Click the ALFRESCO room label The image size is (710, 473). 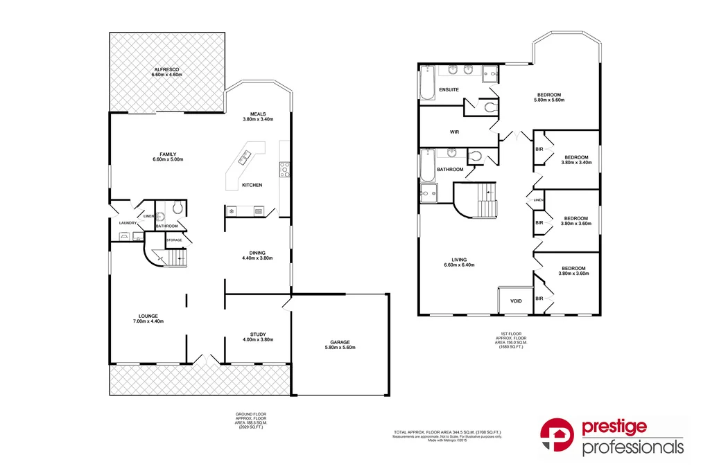pyautogui.click(x=167, y=69)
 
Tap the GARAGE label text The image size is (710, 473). pyautogui.click(x=339, y=342)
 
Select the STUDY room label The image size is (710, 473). pyautogui.click(x=258, y=334)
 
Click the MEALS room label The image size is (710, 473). pyautogui.click(x=258, y=114)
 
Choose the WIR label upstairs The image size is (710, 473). pyautogui.click(x=455, y=132)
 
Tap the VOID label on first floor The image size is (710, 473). pyautogui.click(x=516, y=301)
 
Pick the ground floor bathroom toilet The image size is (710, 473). pyautogui.click(x=177, y=207)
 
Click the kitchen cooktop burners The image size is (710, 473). pyautogui.click(x=284, y=170)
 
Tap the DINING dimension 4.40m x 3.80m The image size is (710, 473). pyautogui.click(x=258, y=258)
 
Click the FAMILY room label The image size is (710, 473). pyautogui.click(x=167, y=154)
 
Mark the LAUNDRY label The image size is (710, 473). pyautogui.click(x=128, y=223)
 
